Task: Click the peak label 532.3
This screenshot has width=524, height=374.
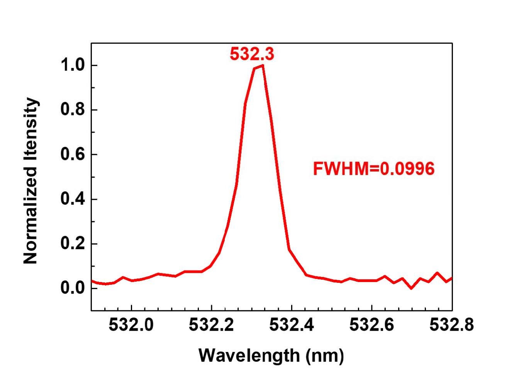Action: click(252, 54)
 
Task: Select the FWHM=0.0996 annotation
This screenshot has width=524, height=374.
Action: click(373, 169)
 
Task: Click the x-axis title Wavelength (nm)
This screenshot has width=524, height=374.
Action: click(271, 355)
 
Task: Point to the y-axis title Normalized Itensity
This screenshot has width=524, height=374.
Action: click(31, 181)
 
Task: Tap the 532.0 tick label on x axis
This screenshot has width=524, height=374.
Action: click(131, 325)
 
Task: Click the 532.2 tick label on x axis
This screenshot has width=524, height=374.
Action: click(211, 325)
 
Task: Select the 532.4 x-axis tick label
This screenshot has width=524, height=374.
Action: click(292, 325)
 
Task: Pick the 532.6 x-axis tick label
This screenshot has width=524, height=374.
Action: click(371, 325)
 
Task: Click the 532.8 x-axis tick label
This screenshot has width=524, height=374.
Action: click(451, 325)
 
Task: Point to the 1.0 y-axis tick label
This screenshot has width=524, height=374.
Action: click(73, 65)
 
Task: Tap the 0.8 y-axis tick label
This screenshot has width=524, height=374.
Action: click(73, 110)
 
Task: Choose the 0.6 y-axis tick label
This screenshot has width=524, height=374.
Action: click(73, 155)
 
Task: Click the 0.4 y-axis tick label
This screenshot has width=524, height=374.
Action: click(73, 199)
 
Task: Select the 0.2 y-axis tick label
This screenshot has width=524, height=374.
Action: click(73, 244)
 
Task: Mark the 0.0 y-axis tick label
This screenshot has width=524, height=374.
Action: click(73, 288)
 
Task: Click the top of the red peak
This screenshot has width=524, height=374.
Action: click(263, 65)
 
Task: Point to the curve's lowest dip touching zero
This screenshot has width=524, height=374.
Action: click(411, 288)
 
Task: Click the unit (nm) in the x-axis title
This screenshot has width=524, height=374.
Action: click(325, 355)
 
